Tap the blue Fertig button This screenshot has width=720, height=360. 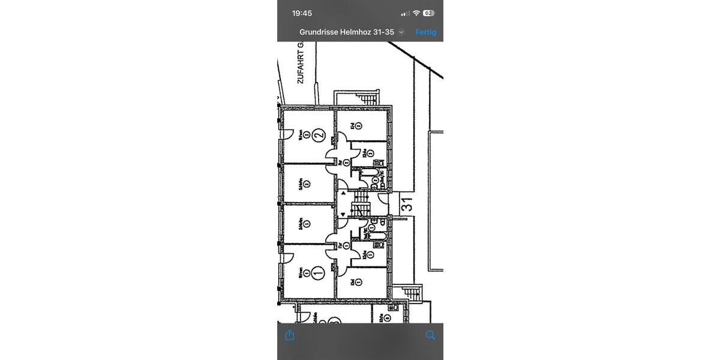tap(425, 32)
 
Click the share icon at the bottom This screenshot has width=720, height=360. tap(290, 335)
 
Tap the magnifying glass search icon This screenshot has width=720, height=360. tap(430, 335)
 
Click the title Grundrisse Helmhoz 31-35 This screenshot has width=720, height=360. tap(347, 32)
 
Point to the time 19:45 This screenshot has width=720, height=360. tap(302, 13)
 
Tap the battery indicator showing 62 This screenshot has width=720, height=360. tap(428, 13)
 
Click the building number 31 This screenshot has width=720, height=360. tap(406, 205)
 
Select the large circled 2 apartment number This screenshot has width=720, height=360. tap(319, 135)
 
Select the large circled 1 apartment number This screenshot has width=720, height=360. tap(319, 273)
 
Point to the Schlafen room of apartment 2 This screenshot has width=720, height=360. tap(306, 184)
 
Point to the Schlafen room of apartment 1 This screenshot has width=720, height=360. tap(306, 224)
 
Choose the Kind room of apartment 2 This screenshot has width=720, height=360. tap(359, 126)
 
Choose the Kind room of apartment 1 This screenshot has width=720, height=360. tap(359, 282)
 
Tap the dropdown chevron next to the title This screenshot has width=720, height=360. tap(401, 32)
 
